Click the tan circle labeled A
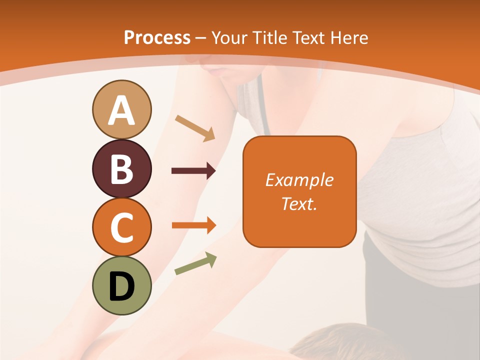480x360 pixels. coord(122,109)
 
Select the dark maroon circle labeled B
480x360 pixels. coord(122,168)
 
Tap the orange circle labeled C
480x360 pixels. coord(122,227)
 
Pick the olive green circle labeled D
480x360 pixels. coord(122,286)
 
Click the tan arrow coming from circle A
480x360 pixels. coord(195,128)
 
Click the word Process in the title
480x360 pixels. coord(157,37)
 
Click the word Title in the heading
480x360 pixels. coord(269,37)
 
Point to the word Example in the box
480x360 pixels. coord(299,180)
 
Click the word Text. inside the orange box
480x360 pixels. coord(299,203)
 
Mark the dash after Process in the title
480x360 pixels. coord(200,38)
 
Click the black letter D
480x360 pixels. coord(122,286)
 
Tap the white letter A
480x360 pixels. coord(122,110)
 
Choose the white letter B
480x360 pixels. coord(122,169)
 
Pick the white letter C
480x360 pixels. coord(122,228)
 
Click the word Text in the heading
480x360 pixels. coord(309,37)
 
